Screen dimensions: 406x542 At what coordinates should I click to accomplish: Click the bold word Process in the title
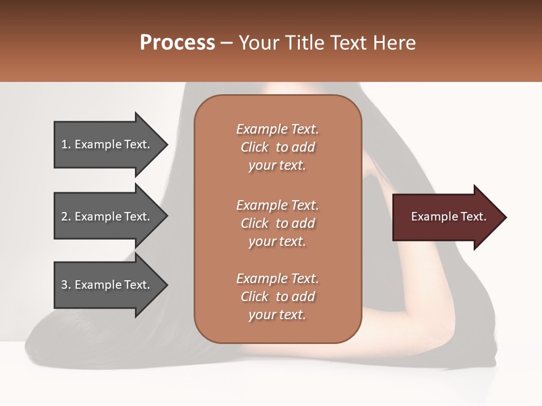coord(177,43)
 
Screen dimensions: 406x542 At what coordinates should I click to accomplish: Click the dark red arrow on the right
coord(446,217)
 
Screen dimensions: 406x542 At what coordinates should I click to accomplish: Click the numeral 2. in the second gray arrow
coord(66,217)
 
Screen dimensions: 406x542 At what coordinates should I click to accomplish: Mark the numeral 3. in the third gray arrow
coord(66,285)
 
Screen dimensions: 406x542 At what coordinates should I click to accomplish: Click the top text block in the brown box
coord(277,147)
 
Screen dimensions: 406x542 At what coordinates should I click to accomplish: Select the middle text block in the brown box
coord(277,223)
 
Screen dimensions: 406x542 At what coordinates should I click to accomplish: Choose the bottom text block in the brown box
coord(277,297)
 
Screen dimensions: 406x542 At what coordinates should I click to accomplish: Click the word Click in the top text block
coord(255,147)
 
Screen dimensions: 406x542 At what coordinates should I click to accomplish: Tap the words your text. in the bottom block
coord(277,315)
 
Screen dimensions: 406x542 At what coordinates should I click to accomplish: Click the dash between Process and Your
coord(226,43)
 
